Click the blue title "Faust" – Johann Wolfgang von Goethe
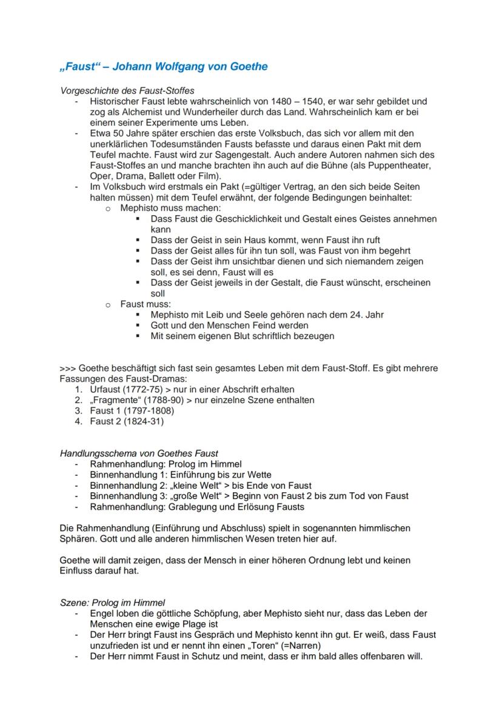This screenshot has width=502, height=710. (163, 67)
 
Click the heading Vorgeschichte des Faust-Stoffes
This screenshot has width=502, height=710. (127, 90)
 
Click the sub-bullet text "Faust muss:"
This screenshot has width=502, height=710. (146, 304)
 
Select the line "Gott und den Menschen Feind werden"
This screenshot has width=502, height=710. (229, 326)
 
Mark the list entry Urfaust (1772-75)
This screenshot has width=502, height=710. (122, 389)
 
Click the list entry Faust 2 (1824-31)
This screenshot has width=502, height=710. (127, 421)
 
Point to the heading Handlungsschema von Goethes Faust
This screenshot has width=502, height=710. (139, 453)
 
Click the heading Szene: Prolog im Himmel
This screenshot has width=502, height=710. (112, 603)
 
